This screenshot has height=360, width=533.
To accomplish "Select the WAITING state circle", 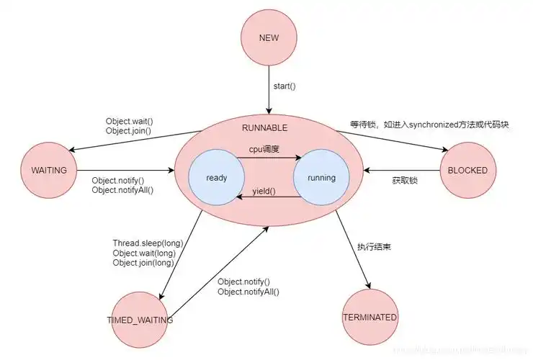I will coord(50,171).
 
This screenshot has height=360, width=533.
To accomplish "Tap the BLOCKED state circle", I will coord(468,171).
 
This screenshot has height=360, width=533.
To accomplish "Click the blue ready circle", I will coord(217,177).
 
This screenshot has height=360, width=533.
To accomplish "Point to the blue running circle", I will coord(321,177).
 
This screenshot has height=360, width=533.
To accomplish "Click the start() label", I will coord(285,86).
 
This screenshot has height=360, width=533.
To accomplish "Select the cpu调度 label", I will coord(264,149).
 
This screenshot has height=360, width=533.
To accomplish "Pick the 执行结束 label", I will coord(374,247).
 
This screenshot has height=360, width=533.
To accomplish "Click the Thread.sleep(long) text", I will coord(143,243).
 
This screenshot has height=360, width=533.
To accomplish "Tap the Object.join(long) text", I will coord(143,263).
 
